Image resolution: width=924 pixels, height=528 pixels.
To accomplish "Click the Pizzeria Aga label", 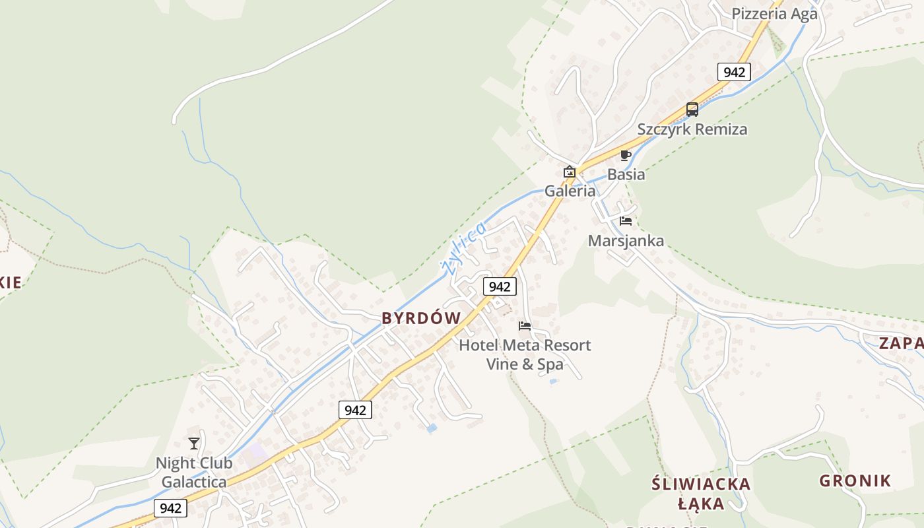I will coord(774,14).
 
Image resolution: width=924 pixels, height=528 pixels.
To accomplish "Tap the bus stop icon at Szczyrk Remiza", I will coord(692,110).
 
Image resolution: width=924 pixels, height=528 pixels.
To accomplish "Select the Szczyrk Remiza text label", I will coord(692,129).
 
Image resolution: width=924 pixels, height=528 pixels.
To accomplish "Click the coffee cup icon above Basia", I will coord(625,156).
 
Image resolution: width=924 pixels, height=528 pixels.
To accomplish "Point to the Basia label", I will coord(626,175).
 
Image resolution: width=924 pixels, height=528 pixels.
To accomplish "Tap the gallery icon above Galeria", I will coord(569,172).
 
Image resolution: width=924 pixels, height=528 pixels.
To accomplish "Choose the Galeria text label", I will coord(570,191).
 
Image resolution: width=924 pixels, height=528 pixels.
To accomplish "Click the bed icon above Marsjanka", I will coord(626,221).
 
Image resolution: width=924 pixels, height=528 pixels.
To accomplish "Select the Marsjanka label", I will coord(626,240).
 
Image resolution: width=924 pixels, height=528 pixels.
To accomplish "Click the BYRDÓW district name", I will coord(421,318).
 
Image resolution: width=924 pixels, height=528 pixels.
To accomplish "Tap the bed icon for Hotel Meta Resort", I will coord(525,326).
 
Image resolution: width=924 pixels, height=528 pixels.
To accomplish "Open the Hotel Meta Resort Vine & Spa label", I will coord(525,354).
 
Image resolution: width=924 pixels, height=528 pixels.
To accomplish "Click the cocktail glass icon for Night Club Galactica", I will coord(194,444).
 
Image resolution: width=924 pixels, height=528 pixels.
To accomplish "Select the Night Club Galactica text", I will coord(194,473).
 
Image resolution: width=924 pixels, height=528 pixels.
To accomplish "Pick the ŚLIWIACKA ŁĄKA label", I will coord(701,494).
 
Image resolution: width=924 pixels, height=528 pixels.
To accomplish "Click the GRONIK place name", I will coord(855,480).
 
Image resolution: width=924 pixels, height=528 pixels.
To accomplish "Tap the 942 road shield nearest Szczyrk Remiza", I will coord(734,72).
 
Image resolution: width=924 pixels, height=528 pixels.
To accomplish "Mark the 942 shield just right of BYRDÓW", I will coord(500,286).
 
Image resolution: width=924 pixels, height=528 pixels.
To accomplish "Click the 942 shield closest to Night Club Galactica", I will coord(170,508).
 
